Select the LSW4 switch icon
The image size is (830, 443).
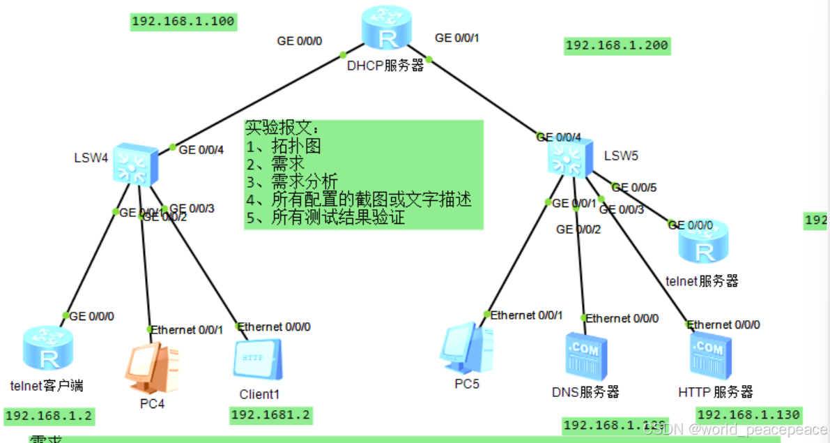coord(135,165)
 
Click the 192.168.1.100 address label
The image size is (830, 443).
coord(183,22)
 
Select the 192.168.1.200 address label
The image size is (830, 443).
coord(617,46)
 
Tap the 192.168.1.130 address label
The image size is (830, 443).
coord(748,414)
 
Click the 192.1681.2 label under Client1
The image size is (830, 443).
coord(270,415)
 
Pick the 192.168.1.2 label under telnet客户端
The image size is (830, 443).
coord(49,416)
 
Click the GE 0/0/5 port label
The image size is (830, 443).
coord(634,187)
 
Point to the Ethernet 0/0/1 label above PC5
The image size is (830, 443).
coord(526,315)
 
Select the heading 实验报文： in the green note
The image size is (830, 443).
coord(282,129)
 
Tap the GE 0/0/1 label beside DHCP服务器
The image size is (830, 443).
coord(456,38)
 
